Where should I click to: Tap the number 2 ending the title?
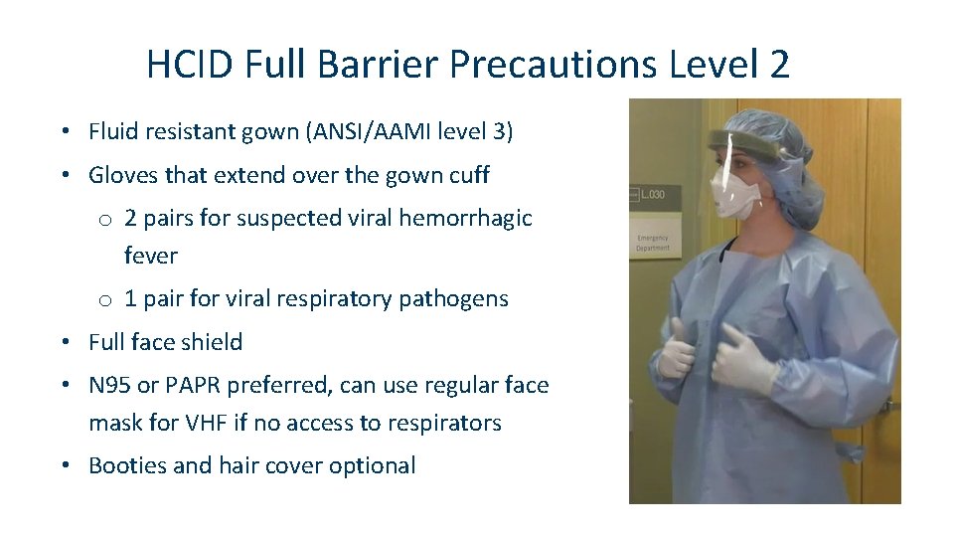point(779,65)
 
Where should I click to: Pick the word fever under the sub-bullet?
point(151,256)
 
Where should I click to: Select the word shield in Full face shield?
point(214,342)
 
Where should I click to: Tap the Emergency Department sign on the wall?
point(653,242)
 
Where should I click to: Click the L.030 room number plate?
point(652,193)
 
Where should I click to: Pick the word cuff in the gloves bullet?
point(466,175)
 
